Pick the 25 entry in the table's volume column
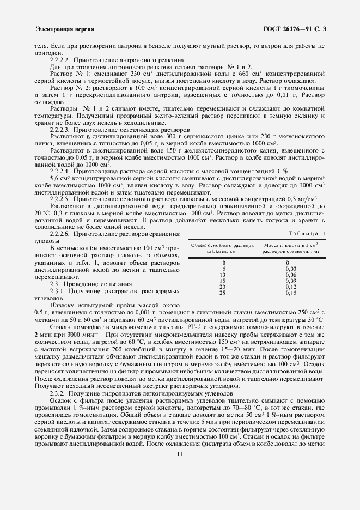pyautogui.click(x=222, y=293)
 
